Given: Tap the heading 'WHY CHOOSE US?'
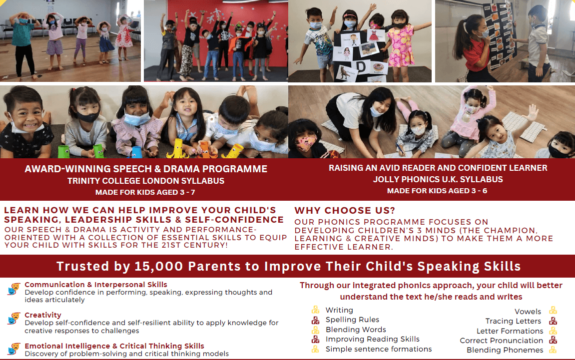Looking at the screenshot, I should [x=345, y=211].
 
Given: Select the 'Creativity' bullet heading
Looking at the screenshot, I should [x=43, y=315].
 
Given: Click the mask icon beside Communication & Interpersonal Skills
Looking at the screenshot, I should [x=14, y=289].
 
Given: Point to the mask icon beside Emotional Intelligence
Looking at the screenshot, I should [x=14, y=349].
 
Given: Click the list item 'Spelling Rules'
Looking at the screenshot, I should [x=352, y=320].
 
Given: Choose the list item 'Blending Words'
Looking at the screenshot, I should [x=356, y=330].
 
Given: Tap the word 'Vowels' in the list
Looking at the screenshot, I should [x=528, y=311].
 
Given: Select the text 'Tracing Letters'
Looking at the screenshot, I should [x=513, y=321].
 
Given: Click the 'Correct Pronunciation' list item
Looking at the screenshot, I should [x=501, y=341].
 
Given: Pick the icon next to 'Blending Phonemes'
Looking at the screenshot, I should [x=553, y=350].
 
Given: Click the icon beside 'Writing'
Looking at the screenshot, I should [x=315, y=310].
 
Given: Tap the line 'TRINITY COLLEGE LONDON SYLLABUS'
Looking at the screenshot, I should [x=146, y=181].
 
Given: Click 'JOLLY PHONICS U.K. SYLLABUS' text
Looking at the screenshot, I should [x=438, y=179].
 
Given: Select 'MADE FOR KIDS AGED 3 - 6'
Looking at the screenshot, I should [x=438, y=191].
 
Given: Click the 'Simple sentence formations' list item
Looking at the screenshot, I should [x=379, y=349].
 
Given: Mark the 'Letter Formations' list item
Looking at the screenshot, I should [x=510, y=331].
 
